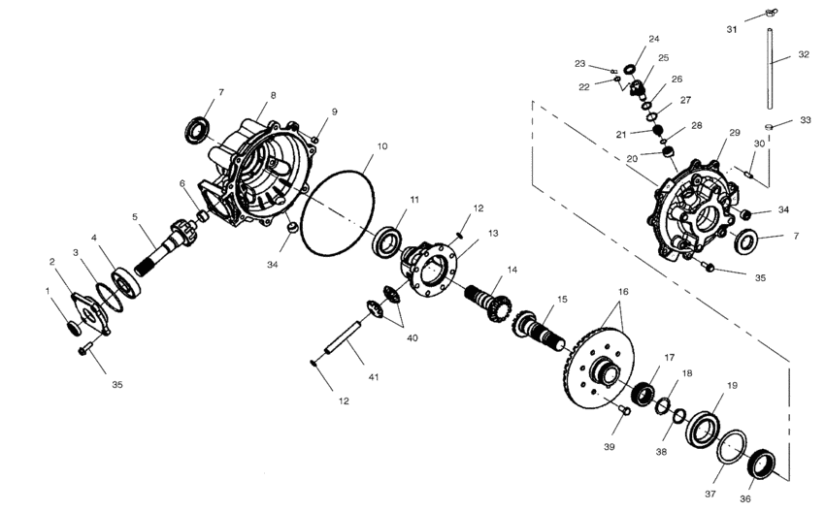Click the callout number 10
[x=381, y=146]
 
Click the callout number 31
[x=732, y=30]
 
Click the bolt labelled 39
[x=624, y=410]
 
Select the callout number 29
[x=734, y=132]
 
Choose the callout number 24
[x=653, y=40]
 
